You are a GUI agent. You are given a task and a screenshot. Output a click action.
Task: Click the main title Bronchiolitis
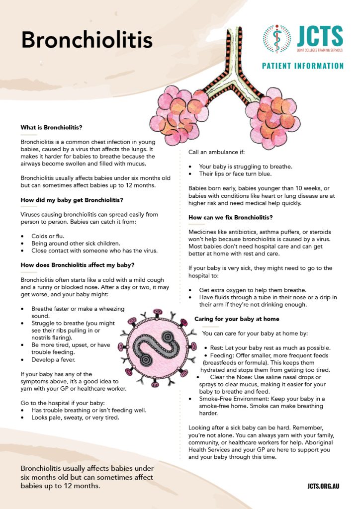pyautogui.click(x=86, y=40)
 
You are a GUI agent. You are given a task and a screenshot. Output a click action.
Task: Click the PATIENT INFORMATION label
pyautogui.click(x=303, y=66)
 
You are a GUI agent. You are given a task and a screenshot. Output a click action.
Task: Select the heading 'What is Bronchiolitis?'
pyautogui.click(x=51, y=128)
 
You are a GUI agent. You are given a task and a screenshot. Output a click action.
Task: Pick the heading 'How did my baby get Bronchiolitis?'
pyautogui.click(x=72, y=200)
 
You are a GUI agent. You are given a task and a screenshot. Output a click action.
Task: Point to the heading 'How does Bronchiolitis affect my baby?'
pyautogui.click(x=78, y=265)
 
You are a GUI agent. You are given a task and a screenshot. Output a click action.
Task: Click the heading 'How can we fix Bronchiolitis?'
pyautogui.click(x=230, y=217)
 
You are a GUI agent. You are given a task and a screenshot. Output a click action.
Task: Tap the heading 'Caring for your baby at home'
pyautogui.click(x=237, y=319)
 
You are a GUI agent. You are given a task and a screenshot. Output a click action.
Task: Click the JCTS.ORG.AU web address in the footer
pyautogui.click(x=323, y=486)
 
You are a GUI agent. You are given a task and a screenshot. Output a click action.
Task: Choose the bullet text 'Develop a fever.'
pyautogui.click(x=54, y=359)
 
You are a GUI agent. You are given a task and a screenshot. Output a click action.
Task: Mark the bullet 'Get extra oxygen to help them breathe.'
pyautogui.click(x=253, y=290)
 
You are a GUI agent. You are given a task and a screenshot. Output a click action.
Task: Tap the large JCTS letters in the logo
pyautogui.click(x=320, y=36)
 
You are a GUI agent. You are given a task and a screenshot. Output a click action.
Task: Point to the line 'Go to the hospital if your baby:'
pyautogui.click(x=62, y=402)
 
